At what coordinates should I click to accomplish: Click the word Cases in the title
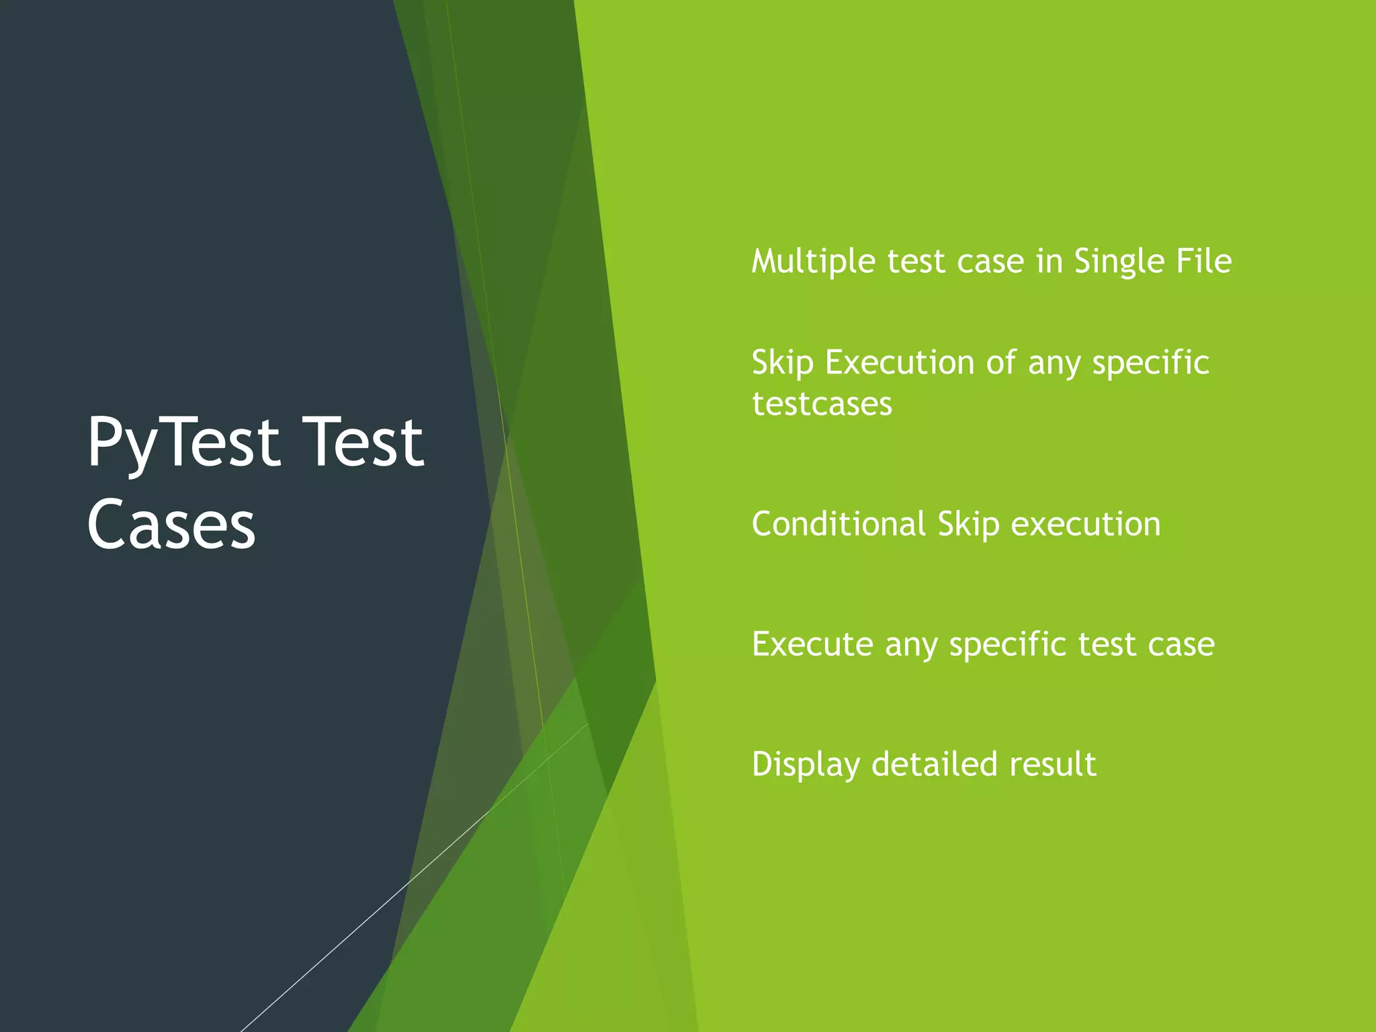tap(171, 525)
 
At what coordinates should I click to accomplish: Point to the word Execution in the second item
tap(900, 363)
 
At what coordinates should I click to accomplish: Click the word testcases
tap(822, 404)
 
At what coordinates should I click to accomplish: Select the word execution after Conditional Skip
tap(1086, 524)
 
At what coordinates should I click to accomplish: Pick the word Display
tap(806, 765)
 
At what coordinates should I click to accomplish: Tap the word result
tap(1053, 765)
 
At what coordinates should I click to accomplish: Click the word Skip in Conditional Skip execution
tap(968, 524)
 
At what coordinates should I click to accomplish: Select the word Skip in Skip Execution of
tap(782, 363)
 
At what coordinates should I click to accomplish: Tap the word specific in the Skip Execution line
tap(1150, 363)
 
